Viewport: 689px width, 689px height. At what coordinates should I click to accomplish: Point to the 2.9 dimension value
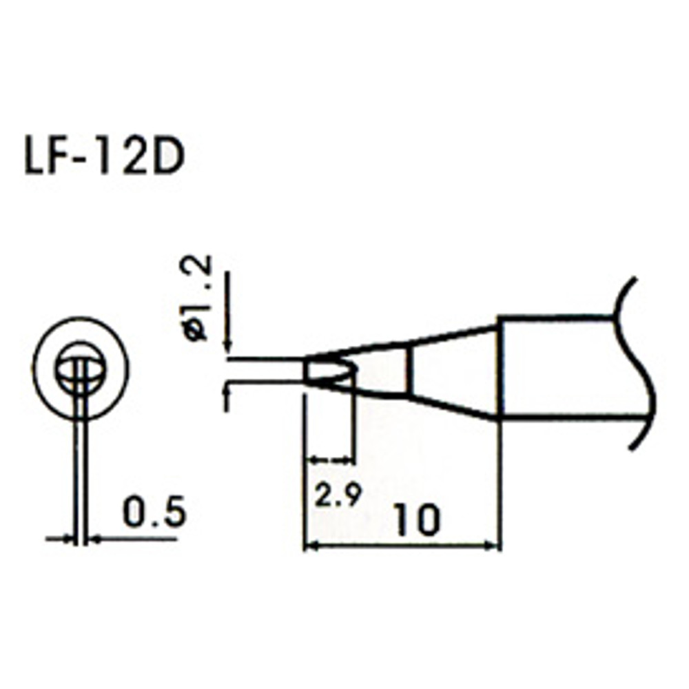point(338,495)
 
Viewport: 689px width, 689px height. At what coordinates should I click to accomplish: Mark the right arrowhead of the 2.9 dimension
point(350,460)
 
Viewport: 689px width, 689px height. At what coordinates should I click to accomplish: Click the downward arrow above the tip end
point(229,349)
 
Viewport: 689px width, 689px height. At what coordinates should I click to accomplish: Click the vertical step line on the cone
point(411,372)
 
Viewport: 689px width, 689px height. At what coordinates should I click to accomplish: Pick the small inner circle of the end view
point(81,369)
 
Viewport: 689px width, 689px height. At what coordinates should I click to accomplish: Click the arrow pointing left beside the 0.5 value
point(96,539)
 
